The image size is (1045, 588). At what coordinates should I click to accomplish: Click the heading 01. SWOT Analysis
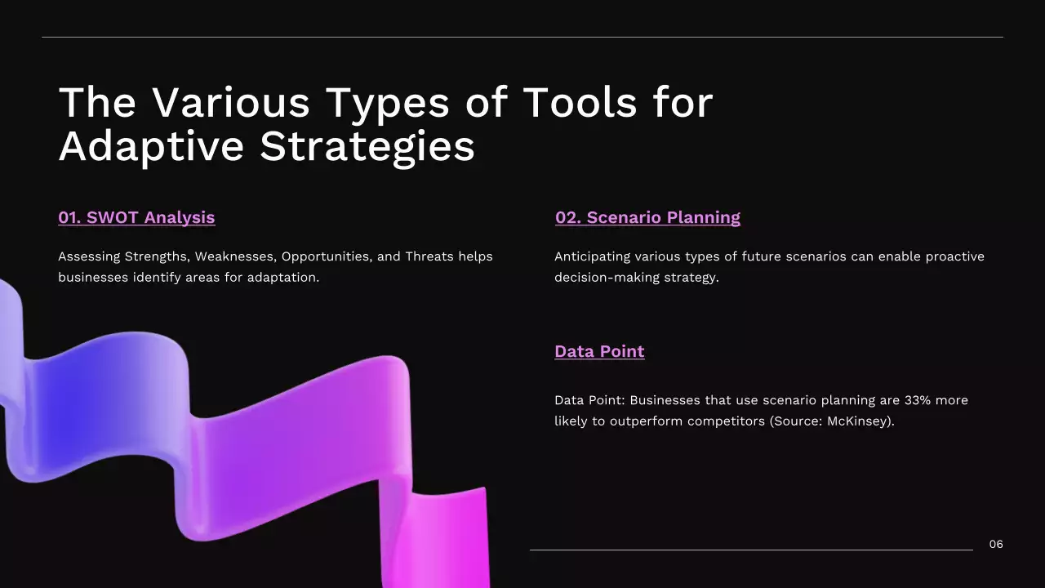[x=136, y=217]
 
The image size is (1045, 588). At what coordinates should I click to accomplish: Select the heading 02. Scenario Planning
[x=647, y=217]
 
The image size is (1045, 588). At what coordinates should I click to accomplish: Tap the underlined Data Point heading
[x=599, y=351]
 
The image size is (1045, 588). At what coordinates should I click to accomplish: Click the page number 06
[x=996, y=544]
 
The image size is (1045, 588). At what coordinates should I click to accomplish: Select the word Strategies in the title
[x=367, y=147]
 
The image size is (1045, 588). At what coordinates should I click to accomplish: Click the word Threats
[x=430, y=256]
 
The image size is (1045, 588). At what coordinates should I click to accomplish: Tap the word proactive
[x=953, y=256]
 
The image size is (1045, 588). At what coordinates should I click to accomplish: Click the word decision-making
[x=607, y=278]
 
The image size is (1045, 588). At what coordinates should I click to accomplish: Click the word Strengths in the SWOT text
[x=156, y=256]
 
